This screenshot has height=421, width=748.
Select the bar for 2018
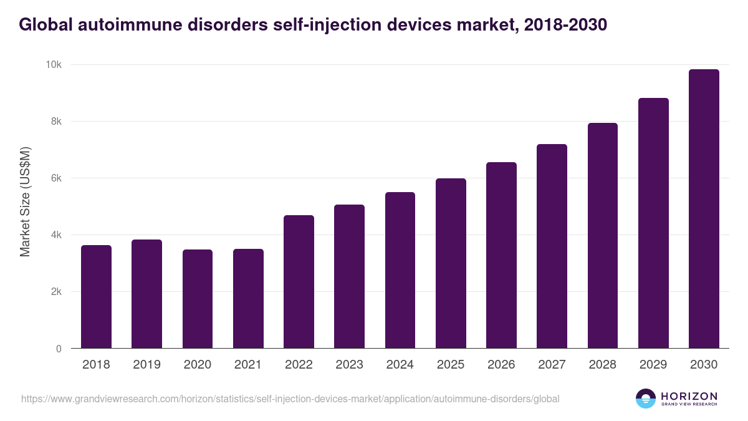(x=96, y=297)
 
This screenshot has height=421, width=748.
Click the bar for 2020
(x=198, y=299)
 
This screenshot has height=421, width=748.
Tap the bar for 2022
(x=299, y=282)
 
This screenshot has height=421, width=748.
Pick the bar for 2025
(x=451, y=263)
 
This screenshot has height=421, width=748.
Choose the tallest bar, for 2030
(x=704, y=209)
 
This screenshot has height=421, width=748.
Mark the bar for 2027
(x=552, y=246)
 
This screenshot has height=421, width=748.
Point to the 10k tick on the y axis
(x=54, y=65)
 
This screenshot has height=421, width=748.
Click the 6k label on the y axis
(x=56, y=178)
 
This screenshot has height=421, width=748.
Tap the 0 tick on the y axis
(x=59, y=349)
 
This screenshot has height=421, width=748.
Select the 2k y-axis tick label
(x=56, y=292)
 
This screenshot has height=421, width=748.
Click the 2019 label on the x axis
(x=146, y=365)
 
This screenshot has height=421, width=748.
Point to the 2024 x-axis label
(x=400, y=365)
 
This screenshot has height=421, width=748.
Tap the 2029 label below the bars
(x=653, y=365)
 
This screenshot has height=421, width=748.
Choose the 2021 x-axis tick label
(x=248, y=365)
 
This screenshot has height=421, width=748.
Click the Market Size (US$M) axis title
(x=25, y=201)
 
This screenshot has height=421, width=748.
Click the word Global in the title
(x=45, y=24)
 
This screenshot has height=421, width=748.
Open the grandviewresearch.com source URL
(x=290, y=399)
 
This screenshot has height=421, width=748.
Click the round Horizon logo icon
(x=646, y=399)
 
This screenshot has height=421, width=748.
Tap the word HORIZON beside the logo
(x=689, y=395)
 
